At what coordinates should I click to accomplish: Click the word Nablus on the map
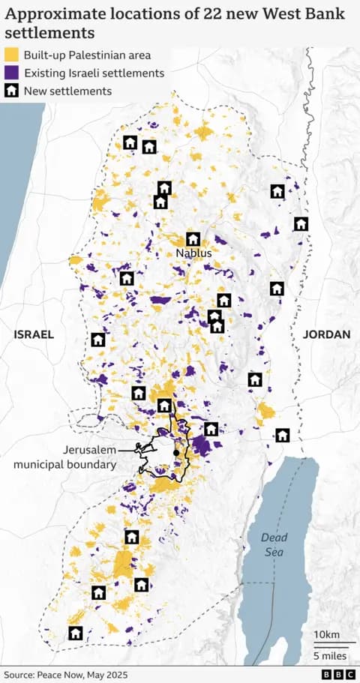coord(193,253)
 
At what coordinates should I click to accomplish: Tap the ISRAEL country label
coord(34,334)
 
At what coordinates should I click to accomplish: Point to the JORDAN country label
coord(326,334)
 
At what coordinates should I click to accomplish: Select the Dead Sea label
coord(274,544)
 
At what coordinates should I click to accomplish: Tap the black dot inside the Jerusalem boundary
coord(175,453)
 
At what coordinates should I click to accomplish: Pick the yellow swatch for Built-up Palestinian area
coord(12,55)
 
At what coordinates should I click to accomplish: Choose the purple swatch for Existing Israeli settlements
coord(12,73)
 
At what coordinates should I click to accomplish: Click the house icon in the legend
coord(12,91)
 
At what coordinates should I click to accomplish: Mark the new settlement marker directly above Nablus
coord(193,239)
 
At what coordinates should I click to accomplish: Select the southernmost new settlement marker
coord(75,633)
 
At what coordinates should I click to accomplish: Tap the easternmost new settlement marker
coord(301,223)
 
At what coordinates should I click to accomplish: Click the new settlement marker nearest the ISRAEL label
coord(98,340)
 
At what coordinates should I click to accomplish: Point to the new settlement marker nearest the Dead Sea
coord(282,435)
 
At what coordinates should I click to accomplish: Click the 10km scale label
coord(326,635)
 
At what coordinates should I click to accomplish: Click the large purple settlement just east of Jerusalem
coord(201,447)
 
